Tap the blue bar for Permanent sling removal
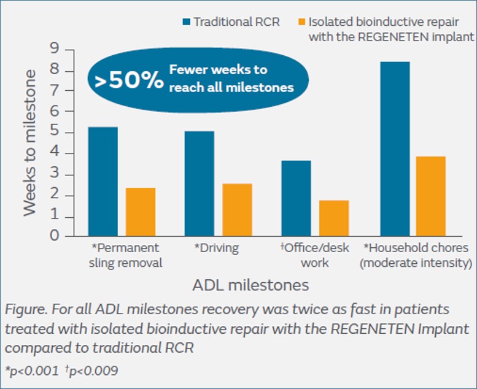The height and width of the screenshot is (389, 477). [103, 181]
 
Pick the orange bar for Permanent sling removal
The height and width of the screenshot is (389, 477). [141, 212]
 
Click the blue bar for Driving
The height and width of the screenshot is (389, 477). [200, 183]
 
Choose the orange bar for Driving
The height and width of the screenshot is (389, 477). [238, 209]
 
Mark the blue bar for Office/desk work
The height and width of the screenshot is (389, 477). [297, 198]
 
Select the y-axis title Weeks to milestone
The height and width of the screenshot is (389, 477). [29, 142]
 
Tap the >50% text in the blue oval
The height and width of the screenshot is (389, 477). [129, 79]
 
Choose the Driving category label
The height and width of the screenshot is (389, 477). [217, 248]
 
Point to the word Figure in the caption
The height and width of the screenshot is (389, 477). [23, 309]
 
